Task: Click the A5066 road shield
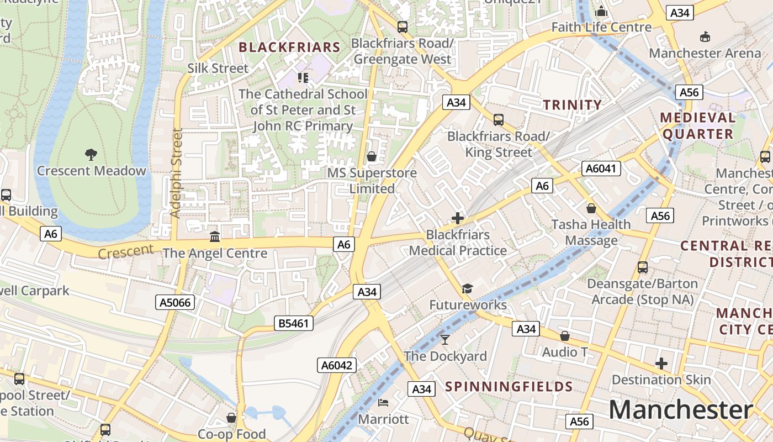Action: click(174, 302)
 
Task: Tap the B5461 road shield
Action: click(294, 323)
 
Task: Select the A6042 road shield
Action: click(337, 365)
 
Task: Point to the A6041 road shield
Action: click(601, 169)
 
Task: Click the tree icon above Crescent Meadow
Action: click(91, 154)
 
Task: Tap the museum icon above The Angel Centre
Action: click(215, 237)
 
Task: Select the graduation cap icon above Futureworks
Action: click(468, 288)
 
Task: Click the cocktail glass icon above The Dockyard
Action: click(445, 339)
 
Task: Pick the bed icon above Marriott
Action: click(383, 402)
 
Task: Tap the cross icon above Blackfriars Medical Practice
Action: click(458, 218)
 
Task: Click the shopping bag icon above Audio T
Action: click(565, 336)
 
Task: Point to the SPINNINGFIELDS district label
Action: click(509, 386)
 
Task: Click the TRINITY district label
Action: click(572, 105)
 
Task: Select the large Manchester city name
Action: click(680, 410)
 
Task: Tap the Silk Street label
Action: click(218, 69)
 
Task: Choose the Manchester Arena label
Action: click(705, 54)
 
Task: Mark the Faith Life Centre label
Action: click(601, 27)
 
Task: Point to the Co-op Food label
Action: click(232, 434)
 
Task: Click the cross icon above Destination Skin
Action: click(661, 364)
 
